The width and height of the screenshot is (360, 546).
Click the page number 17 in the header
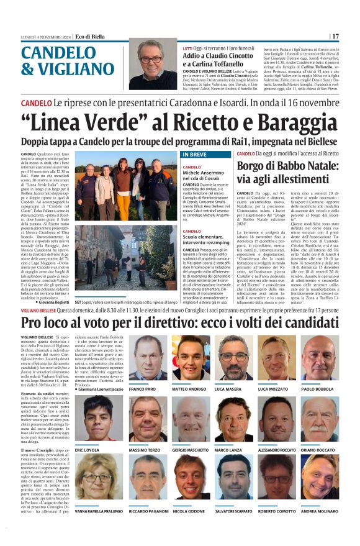[336, 36]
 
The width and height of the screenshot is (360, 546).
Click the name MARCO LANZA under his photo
[228, 449]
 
